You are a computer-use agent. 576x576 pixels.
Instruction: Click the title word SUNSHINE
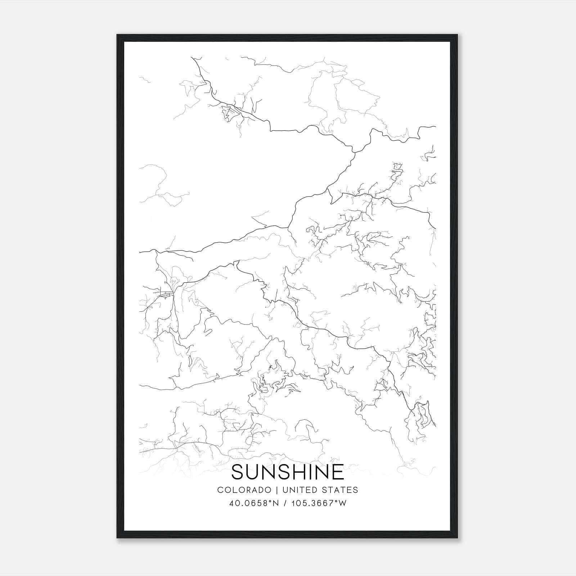tap(288, 472)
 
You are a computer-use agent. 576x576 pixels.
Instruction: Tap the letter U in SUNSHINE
tap(256, 472)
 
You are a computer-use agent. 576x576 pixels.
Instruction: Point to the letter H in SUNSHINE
tap(302, 472)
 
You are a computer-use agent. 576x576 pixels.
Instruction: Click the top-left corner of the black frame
tap(117, 35)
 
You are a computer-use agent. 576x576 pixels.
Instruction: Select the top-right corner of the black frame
tap(458, 35)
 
